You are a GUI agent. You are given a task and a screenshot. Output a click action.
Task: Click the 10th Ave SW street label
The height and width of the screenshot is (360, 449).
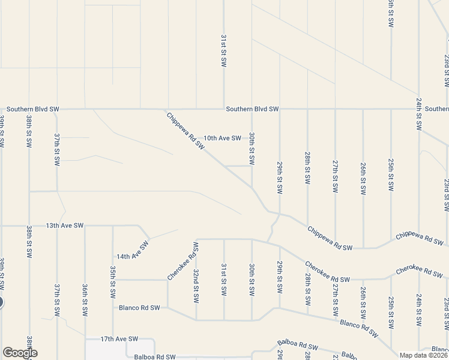coord(222,138)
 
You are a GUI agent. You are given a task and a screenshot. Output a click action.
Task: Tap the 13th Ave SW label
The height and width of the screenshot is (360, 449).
coord(64,226)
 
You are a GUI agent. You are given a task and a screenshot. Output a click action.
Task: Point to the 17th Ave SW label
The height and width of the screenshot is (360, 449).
coord(119,339)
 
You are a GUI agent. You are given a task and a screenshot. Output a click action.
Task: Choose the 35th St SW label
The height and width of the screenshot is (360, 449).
coord(113,284)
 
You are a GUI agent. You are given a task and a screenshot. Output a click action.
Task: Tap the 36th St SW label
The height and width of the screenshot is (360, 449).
coord(85,300)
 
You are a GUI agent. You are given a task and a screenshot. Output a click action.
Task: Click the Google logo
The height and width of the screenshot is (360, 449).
coord(19,353)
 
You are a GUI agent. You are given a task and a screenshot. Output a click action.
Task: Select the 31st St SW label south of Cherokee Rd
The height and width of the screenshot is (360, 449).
coord(223,278)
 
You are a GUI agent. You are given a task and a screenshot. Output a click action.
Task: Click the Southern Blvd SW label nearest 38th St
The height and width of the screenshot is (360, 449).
coord(33,109)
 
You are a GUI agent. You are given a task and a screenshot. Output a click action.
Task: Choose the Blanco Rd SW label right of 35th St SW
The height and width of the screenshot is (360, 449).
coord(139,308)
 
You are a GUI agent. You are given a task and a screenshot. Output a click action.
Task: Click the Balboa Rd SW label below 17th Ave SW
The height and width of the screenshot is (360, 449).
coord(155,356)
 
